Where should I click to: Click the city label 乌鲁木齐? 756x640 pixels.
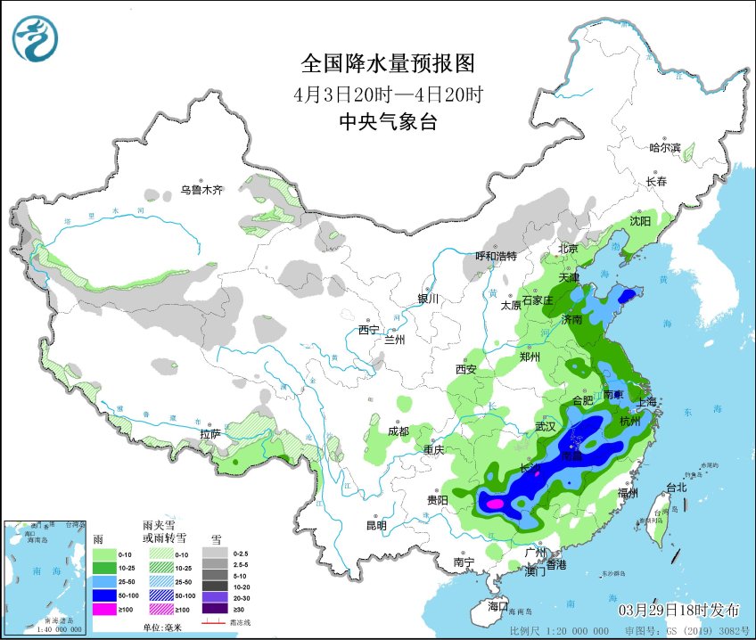201,189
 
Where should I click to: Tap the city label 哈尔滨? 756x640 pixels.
664,147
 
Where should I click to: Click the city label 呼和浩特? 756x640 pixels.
496,256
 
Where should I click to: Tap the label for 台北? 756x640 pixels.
677,487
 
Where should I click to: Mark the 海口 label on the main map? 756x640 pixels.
497,606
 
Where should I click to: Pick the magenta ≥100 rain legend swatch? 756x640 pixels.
105,609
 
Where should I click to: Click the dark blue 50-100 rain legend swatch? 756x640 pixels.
105,594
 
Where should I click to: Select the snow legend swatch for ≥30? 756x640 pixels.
213,610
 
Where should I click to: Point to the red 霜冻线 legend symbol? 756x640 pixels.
215,622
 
